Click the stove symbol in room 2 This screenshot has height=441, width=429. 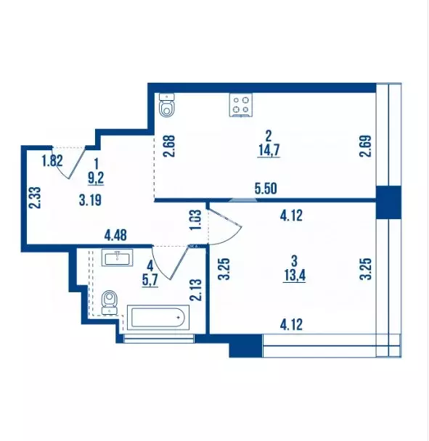(242, 105)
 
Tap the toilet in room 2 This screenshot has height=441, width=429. (167, 106)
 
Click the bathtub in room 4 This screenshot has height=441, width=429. (158, 318)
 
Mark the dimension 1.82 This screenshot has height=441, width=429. (51, 161)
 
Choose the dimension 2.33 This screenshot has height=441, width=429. (33, 197)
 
